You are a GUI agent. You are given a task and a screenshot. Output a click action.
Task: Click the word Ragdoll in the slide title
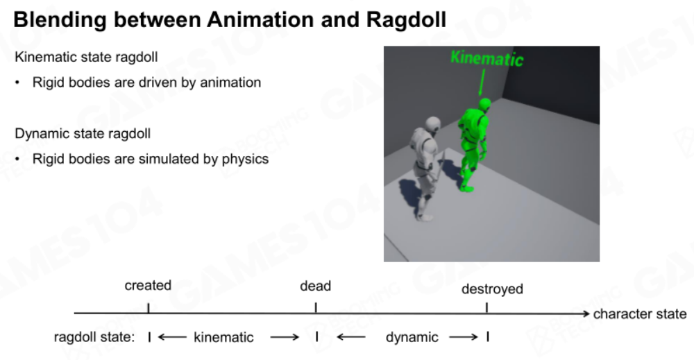(x=406, y=20)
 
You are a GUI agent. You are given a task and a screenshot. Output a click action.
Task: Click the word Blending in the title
(x=60, y=20)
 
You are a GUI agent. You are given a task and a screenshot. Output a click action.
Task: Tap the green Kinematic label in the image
(x=487, y=58)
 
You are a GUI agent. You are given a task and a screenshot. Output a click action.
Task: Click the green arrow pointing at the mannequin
(x=482, y=83)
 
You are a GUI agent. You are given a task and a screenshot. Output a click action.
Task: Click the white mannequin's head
(x=433, y=124)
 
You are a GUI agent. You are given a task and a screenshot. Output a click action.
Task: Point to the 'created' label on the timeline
(x=148, y=285)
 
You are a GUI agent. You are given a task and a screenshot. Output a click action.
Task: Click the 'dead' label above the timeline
(x=316, y=286)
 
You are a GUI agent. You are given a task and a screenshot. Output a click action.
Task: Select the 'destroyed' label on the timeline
(x=492, y=289)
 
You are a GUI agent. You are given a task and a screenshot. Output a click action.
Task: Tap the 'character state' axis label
(x=640, y=314)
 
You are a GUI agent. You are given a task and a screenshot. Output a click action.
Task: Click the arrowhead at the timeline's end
(x=586, y=314)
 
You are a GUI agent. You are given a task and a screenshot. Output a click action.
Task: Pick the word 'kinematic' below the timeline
(x=223, y=337)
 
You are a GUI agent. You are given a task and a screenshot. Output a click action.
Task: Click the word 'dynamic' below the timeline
(x=412, y=337)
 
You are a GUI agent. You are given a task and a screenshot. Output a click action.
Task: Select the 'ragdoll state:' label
(x=94, y=337)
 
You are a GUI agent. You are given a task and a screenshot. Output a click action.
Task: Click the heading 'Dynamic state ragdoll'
(x=83, y=134)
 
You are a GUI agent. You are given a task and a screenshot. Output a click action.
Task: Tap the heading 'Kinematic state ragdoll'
(x=86, y=57)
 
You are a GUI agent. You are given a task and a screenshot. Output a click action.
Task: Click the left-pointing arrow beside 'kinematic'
(x=172, y=337)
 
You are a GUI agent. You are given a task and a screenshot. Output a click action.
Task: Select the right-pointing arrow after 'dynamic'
(x=464, y=337)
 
